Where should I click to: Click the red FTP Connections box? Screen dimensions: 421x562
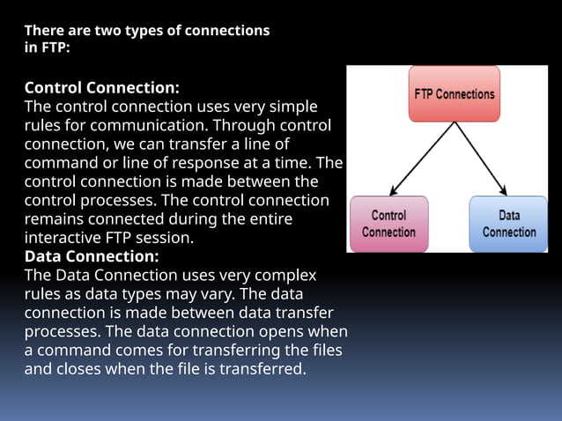point(454,93)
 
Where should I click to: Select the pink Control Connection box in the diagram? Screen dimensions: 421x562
point(388,224)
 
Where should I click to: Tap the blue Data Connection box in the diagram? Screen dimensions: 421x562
point(508,224)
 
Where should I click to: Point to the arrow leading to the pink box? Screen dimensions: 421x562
point(421,159)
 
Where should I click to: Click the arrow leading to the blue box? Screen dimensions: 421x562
point(481,159)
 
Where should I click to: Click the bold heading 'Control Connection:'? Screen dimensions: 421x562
point(102,88)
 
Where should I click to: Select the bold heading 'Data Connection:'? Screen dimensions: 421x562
point(92,256)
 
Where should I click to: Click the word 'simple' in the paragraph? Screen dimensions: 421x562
point(294,107)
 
